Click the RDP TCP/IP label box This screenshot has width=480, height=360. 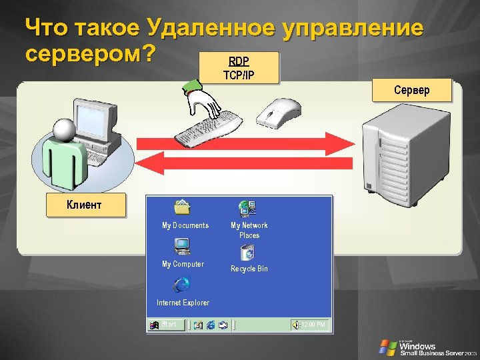tap(239, 67)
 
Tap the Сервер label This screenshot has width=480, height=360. tap(411, 90)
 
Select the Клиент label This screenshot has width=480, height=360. tap(85, 205)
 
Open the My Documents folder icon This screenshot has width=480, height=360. tap(182, 208)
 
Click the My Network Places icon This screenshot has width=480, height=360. tap(248, 208)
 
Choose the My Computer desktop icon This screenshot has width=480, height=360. tap(182, 247)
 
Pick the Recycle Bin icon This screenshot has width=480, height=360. tap(248, 252)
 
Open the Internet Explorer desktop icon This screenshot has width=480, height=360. tap(182, 285)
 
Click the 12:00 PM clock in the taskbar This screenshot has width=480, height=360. tap(312, 325)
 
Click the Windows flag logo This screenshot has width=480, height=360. tap(387, 347)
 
